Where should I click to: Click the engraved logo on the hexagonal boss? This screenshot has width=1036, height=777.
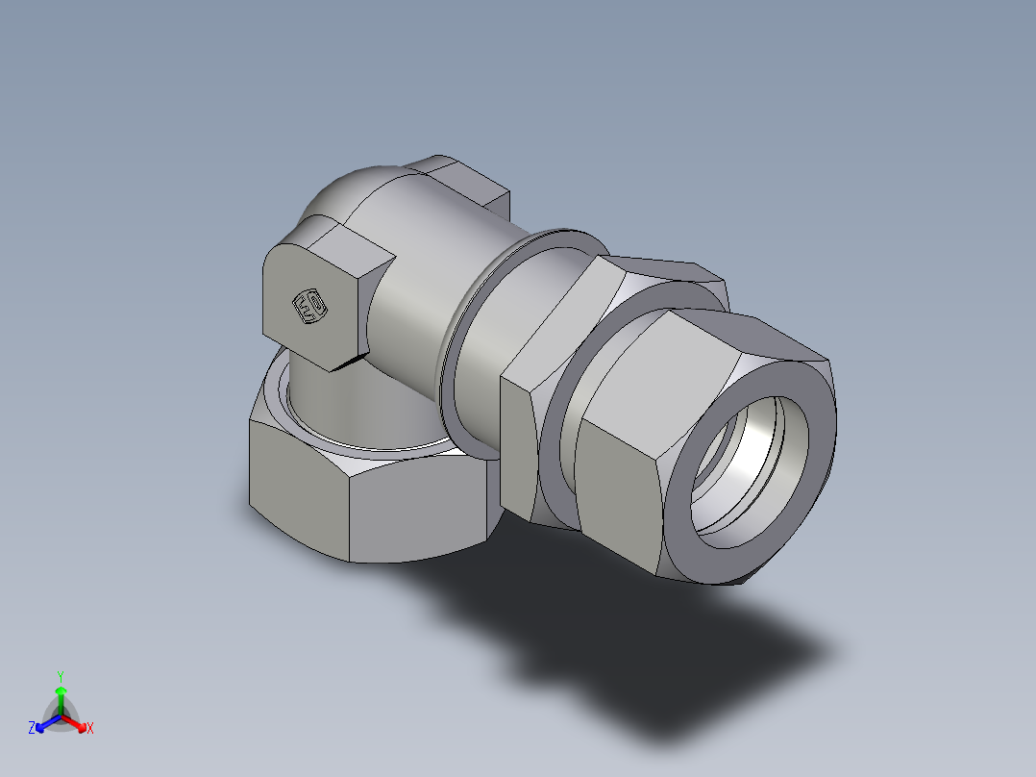308,307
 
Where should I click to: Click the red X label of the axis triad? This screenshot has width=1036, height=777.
90,729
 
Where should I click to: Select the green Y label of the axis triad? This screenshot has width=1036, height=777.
60,676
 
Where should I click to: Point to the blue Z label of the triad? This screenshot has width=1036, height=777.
32,729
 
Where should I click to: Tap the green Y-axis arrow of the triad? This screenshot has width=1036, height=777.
61,698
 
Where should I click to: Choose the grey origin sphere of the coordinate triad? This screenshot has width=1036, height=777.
61,716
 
